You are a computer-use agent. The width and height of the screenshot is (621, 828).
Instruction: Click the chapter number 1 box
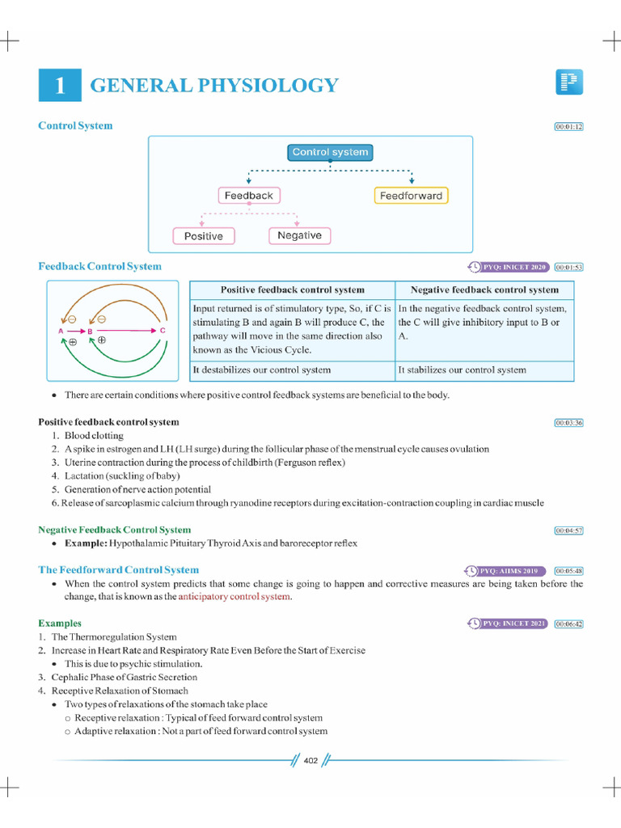(x=60, y=86)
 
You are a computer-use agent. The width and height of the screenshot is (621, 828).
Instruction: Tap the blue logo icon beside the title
(x=569, y=82)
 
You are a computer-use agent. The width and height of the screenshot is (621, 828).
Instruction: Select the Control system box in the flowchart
(x=330, y=152)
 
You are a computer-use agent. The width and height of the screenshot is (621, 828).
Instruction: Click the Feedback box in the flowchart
(x=248, y=196)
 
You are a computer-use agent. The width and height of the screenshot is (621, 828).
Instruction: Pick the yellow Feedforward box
(x=411, y=196)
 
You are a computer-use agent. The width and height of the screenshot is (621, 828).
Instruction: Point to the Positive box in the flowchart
(x=203, y=236)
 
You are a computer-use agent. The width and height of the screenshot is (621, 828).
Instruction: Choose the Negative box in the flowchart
(x=299, y=236)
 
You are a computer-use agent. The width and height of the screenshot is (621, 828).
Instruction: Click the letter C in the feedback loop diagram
(x=163, y=331)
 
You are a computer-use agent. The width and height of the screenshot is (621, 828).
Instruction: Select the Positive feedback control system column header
(x=293, y=289)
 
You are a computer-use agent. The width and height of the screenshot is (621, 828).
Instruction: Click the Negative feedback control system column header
(x=484, y=289)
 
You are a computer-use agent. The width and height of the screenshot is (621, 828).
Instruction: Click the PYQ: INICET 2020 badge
(x=509, y=267)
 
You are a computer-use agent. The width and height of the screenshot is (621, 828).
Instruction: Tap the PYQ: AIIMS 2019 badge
(x=507, y=571)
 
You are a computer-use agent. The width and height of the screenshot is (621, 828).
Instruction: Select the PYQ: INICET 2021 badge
(x=509, y=623)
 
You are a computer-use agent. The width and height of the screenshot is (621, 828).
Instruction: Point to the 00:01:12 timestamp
(x=568, y=127)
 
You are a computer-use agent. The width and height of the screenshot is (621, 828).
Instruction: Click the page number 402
(x=311, y=760)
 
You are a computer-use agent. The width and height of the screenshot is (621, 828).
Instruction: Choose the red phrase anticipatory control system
(x=234, y=597)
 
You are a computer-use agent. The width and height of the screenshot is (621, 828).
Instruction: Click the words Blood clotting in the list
(x=90, y=435)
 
